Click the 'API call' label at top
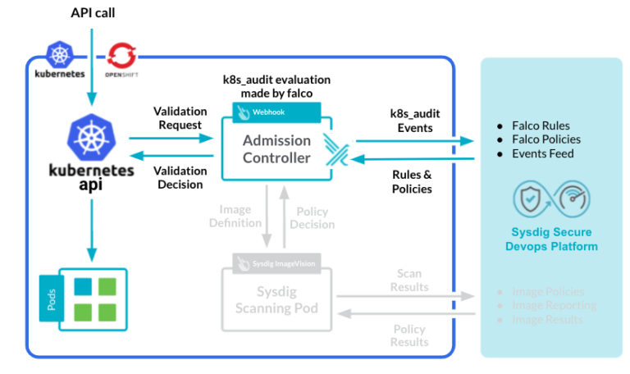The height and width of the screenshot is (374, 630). tap(93, 13)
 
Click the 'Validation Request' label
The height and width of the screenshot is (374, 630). tap(177, 118)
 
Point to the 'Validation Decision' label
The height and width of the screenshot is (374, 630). tap(178, 177)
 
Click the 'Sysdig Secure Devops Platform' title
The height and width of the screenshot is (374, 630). tap(551, 239)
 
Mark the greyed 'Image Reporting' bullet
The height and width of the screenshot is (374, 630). tap(554, 305)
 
